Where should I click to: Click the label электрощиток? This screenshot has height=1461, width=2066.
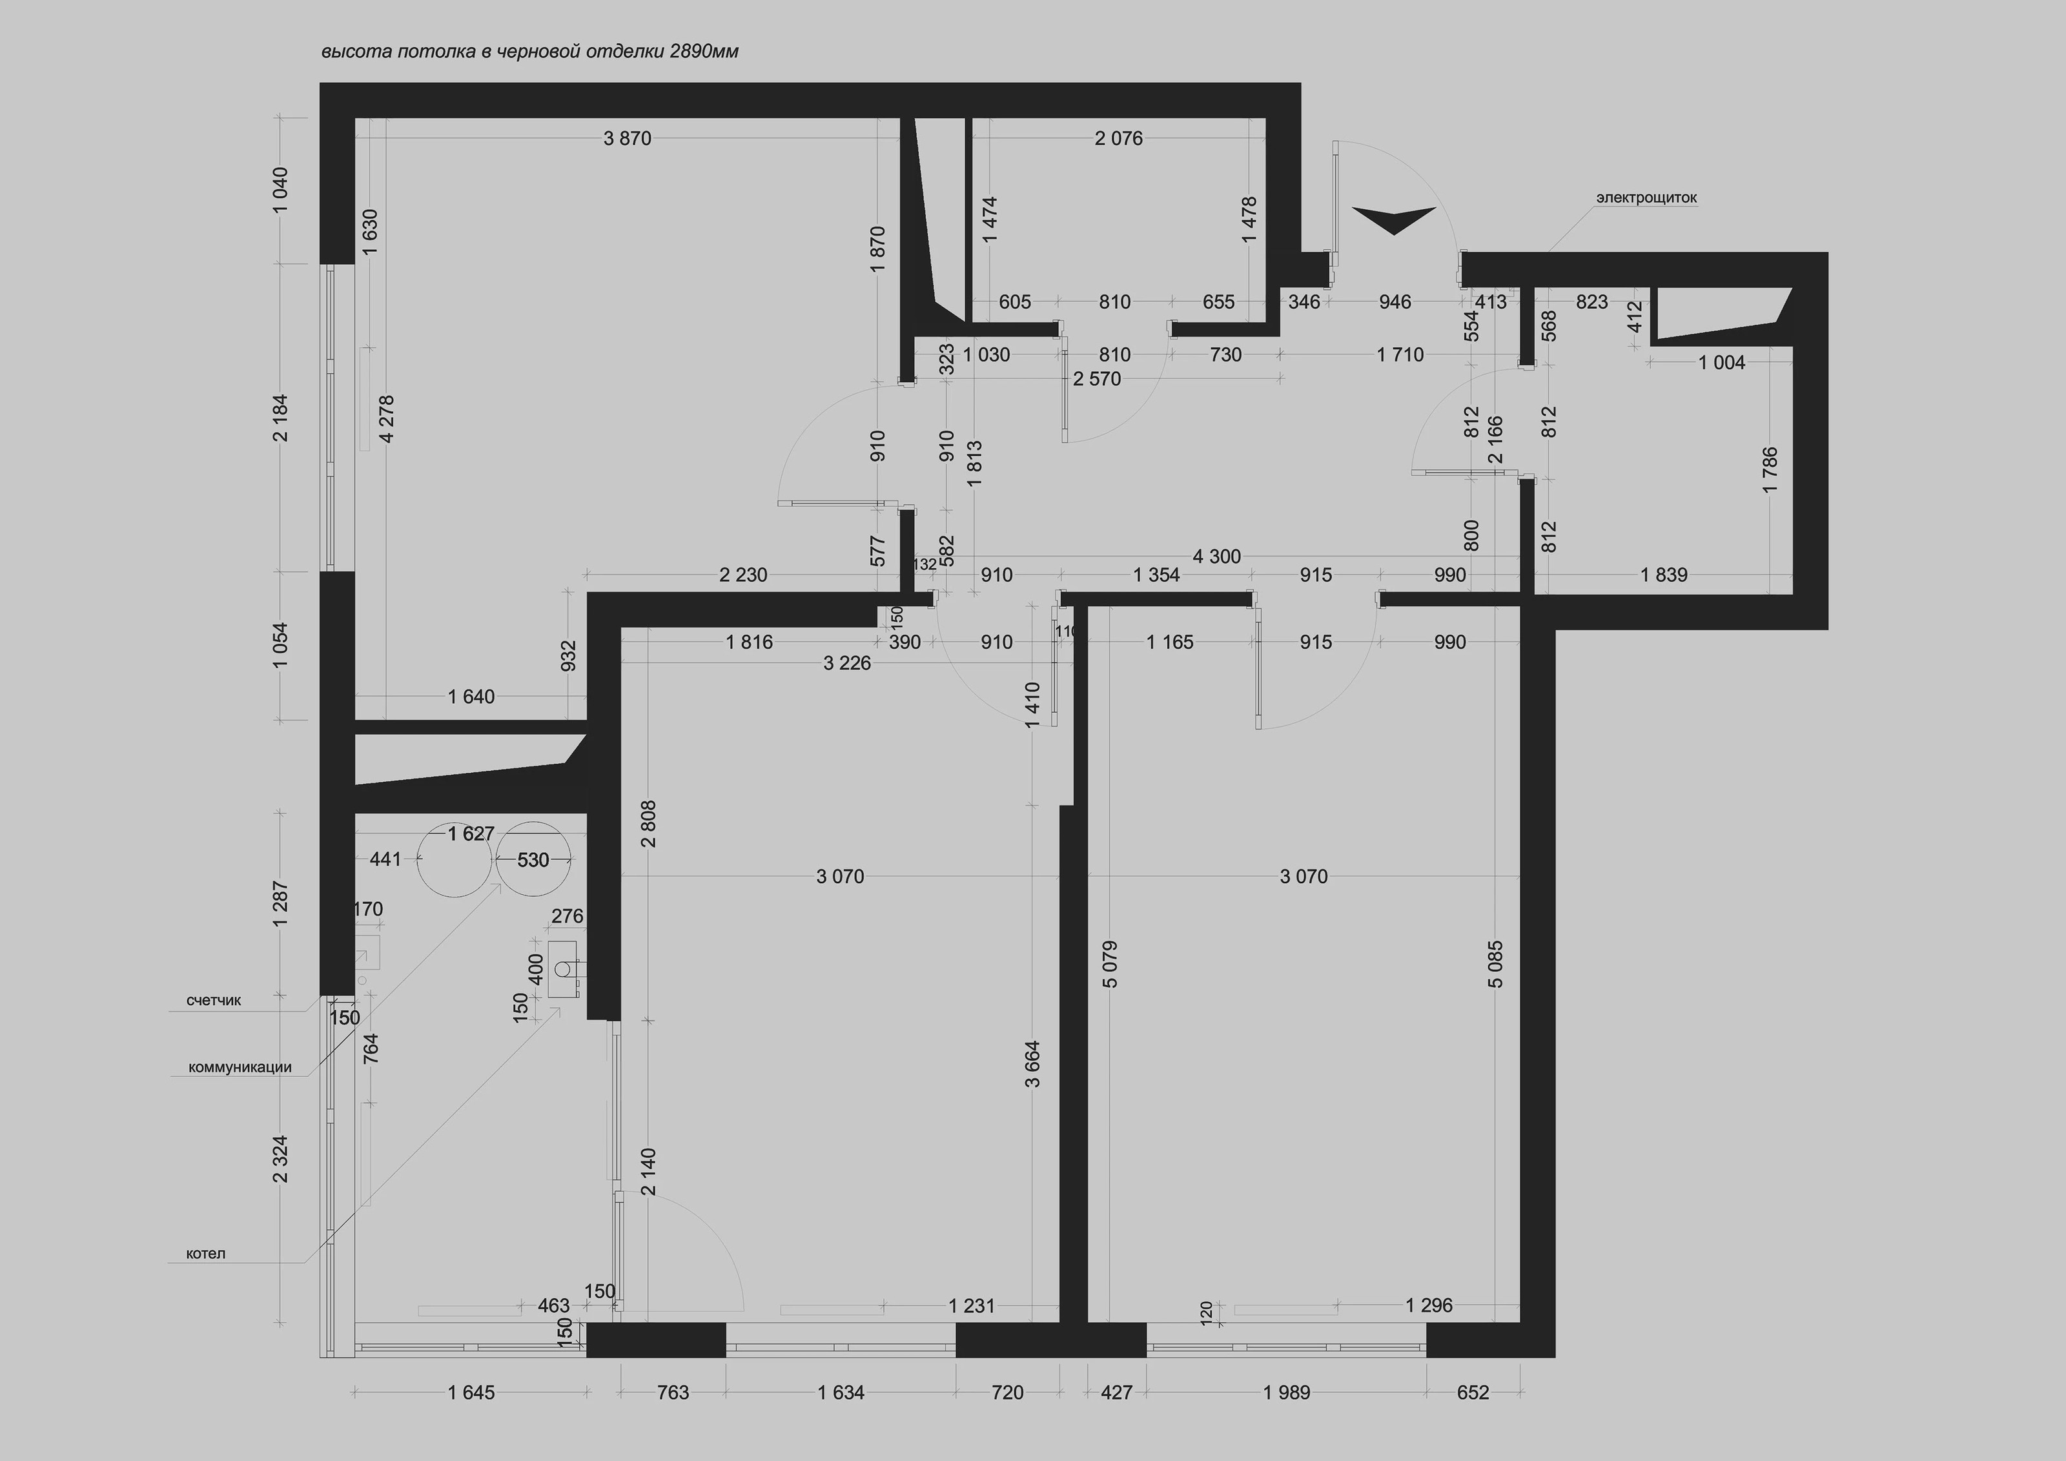coord(1647,197)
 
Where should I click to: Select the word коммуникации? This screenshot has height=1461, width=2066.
coord(240,1068)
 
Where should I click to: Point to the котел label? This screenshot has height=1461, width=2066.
coord(205,1253)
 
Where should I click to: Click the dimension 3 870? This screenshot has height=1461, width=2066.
coord(627,139)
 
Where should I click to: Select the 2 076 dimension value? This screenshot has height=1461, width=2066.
coord(1118,139)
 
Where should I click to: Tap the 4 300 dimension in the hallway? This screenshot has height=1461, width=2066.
coord(1216,557)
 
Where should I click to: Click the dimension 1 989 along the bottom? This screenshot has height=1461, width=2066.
coord(1287,1393)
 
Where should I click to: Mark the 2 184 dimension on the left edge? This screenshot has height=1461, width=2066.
coord(281,418)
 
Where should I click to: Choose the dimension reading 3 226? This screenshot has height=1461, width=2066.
coord(846,664)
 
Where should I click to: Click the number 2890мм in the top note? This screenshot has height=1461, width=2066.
coord(704,51)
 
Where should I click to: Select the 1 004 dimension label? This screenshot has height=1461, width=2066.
coord(1721,363)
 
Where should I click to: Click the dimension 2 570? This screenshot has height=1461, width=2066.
coord(1097,379)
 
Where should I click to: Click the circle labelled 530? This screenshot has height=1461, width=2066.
coord(533,860)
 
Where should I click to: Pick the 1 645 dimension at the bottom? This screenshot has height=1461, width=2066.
coord(471,1393)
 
